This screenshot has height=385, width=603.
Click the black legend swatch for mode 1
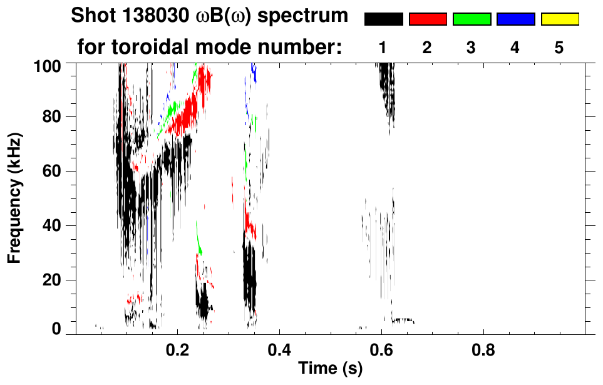point(384,19)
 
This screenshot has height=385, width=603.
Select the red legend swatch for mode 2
point(428,19)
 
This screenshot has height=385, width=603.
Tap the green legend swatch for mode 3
point(472,19)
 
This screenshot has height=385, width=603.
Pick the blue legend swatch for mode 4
point(515,19)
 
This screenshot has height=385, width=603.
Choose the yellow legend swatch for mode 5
point(559,19)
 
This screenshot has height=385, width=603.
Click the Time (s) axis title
point(330,369)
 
